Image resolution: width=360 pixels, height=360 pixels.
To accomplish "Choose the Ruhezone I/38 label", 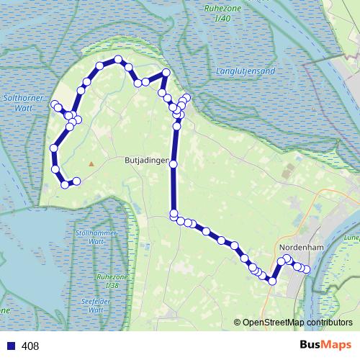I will pos(110,282).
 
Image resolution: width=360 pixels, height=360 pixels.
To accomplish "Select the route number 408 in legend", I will pos(30,346).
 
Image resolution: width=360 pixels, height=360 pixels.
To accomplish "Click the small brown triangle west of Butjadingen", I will pos(91,163).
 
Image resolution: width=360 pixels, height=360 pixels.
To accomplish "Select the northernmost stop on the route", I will pos(117,59).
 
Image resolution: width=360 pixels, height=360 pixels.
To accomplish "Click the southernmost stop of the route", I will pos(272,281).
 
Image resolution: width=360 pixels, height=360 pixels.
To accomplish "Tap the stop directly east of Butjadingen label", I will pos(173,165).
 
